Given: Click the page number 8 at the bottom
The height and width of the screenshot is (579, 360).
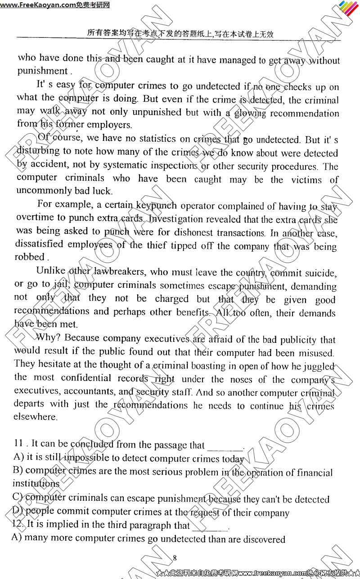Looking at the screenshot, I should coord(175,558).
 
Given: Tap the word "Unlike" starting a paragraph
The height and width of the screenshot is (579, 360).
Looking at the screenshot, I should coord(51,271).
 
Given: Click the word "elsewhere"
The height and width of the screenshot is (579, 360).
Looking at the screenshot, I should coord(36,417).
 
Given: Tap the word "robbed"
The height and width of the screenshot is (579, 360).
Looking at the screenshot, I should coord(30,257).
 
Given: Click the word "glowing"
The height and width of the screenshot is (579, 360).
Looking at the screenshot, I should coord(249,113).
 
